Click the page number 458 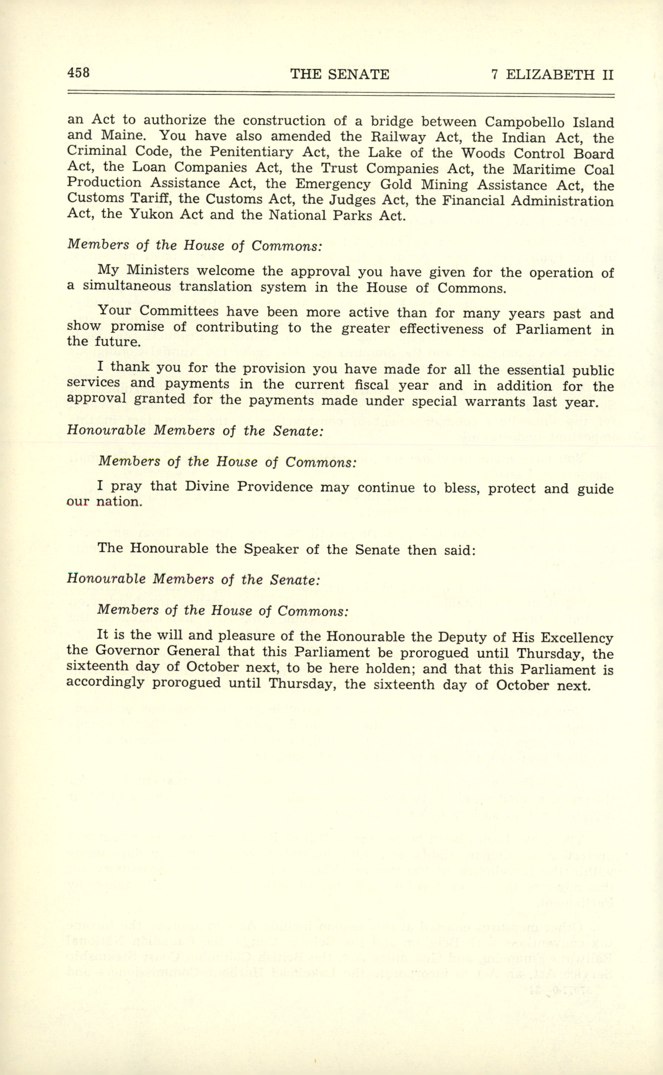point(79,72)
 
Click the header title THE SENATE point(339,74)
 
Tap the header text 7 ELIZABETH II point(552,75)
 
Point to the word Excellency point(576,638)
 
